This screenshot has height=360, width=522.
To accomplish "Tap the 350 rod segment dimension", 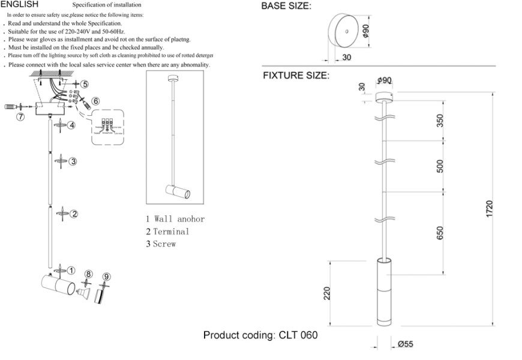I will (440, 120).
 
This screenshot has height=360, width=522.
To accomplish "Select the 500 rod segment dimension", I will (440, 166).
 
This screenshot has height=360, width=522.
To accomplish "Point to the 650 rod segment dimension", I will (440, 233).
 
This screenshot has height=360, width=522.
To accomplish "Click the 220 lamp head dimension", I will (327, 294).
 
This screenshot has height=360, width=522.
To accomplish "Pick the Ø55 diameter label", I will (406, 344).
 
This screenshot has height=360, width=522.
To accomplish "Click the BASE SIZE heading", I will (286, 7).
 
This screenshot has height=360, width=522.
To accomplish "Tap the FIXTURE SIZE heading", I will (296, 76).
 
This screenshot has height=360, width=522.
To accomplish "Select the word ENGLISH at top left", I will (20, 4).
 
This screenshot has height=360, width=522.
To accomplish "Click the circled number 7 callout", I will (20, 117).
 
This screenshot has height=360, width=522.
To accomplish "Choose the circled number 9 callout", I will (106, 277).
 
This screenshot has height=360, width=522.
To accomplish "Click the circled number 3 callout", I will (73, 161).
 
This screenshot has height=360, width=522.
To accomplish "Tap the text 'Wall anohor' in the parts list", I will (179, 219).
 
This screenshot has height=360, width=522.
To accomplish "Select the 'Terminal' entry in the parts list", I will (171, 232).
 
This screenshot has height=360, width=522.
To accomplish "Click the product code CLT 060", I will (298, 335).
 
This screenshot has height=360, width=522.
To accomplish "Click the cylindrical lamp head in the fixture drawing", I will (383, 293).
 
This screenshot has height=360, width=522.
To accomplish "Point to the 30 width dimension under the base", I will (346, 58).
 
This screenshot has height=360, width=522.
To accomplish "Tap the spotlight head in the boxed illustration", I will (178, 193).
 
